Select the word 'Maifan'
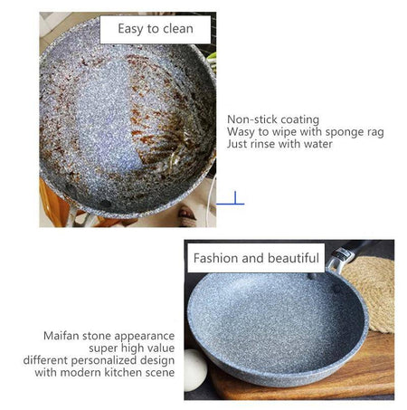[62, 336]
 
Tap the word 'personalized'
[104, 360]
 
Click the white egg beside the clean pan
[194, 369]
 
